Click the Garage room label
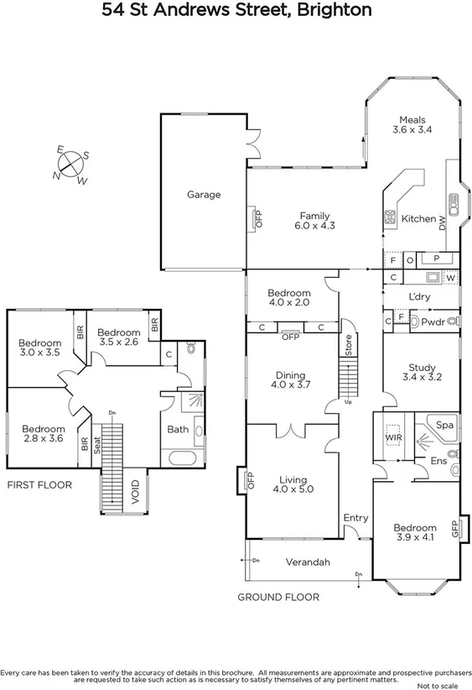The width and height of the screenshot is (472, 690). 203,195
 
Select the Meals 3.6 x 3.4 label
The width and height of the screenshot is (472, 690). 412,125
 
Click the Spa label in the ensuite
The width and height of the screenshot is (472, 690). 444,426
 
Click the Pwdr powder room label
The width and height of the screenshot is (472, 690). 433,322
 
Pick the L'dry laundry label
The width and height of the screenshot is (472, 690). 418,297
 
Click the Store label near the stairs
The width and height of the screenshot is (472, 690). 348,343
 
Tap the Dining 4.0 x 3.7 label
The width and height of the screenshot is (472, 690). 290,380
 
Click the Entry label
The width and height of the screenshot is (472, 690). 355,518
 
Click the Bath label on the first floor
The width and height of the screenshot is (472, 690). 178,429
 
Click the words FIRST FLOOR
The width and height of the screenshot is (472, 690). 39,485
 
